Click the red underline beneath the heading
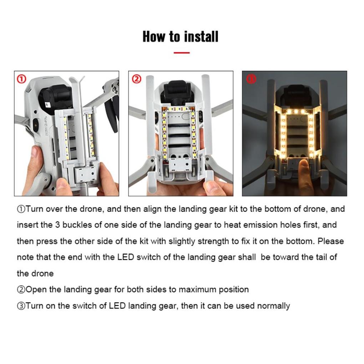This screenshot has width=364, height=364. (x=181, y=52)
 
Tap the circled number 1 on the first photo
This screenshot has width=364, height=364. (x=21, y=79)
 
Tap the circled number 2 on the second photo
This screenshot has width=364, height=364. (x=136, y=79)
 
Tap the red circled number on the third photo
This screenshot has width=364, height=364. (x=251, y=79)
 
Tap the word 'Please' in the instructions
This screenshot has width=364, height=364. (x=331, y=241)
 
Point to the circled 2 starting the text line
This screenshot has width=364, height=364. (x=21, y=289)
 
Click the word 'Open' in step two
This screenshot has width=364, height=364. (x=36, y=289)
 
